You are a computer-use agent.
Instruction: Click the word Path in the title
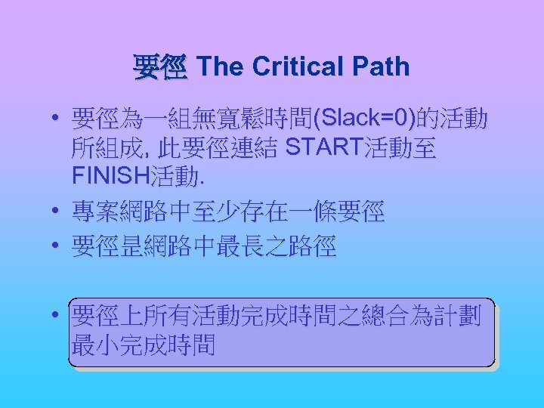[x=382, y=67]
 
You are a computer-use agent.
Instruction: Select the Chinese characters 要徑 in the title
[x=159, y=68]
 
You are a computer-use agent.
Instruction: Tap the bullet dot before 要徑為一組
[x=56, y=119]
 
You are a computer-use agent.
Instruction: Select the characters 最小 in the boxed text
[x=95, y=345]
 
